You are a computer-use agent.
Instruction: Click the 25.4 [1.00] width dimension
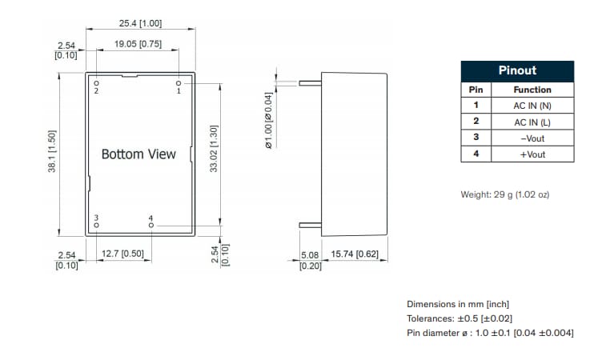(x=140, y=24)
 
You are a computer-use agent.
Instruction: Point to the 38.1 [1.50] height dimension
(x=52, y=151)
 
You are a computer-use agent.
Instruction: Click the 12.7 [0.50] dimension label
(x=122, y=254)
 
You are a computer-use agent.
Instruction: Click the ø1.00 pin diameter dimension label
(x=269, y=120)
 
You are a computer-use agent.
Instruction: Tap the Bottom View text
(x=138, y=154)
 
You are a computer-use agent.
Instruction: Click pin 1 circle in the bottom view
(x=179, y=82)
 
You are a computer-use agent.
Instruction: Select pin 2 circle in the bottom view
(x=96, y=82)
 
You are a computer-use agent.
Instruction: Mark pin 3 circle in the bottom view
(x=96, y=226)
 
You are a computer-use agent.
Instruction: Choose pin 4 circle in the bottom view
(x=150, y=226)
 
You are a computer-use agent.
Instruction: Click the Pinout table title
(x=517, y=70)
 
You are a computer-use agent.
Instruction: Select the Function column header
(x=532, y=90)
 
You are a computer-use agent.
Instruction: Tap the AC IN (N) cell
(x=532, y=106)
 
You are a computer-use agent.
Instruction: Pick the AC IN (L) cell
(x=532, y=122)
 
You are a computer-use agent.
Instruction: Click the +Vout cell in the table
(x=532, y=154)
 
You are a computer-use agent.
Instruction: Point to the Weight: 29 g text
(x=504, y=194)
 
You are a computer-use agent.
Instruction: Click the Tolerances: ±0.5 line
(x=460, y=318)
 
